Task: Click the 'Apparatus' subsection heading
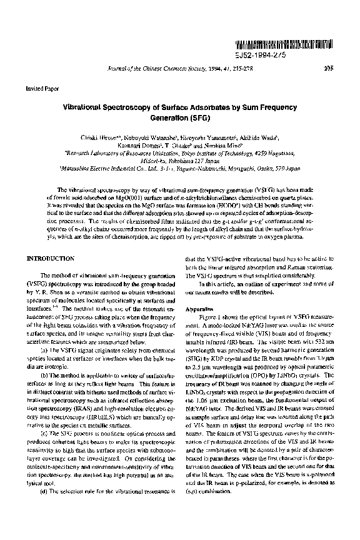click(200, 309)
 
